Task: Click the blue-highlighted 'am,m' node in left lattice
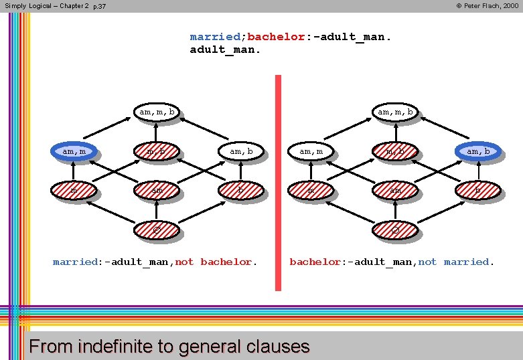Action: [x=75, y=152]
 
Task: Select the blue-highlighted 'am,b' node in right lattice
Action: [x=477, y=152]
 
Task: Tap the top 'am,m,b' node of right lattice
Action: [x=395, y=112]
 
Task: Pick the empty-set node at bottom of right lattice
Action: [x=395, y=230]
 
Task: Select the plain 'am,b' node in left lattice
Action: [x=241, y=152]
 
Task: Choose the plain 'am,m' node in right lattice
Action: [x=311, y=152]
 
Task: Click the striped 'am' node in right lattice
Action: [x=395, y=191]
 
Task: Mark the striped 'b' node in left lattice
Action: [x=241, y=191]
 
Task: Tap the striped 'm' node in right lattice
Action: [x=311, y=191]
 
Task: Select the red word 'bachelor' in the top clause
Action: [x=276, y=37]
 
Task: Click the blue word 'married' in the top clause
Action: [x=216, y=37]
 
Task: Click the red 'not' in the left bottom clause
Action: [x=184, y=262]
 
